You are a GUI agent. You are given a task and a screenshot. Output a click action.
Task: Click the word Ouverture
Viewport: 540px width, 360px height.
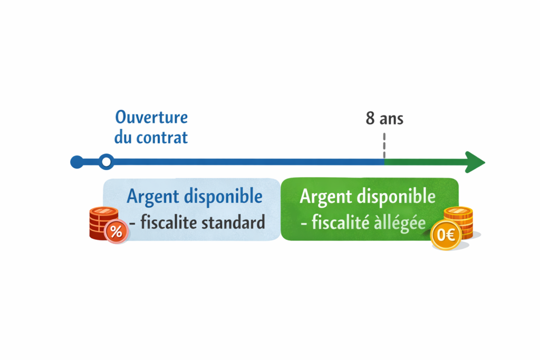click(x=151, y=118)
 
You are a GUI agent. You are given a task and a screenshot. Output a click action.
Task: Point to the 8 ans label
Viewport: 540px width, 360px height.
click(x=384, y=119)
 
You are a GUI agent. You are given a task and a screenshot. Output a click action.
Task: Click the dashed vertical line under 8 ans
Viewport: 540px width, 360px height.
click(x=384, y=146)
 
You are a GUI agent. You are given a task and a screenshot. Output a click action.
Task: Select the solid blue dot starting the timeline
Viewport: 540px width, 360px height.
click(x=77, y=162)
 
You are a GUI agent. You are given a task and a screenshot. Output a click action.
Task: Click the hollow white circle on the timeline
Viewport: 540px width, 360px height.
click(x=107, y=162)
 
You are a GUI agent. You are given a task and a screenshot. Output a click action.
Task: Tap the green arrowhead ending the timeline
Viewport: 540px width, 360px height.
click(x=475, y=162)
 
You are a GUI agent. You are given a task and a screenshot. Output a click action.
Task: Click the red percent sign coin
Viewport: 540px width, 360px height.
click(x=116, y=231)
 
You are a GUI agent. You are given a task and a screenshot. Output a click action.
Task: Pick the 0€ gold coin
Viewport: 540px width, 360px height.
click(x=446, y=235)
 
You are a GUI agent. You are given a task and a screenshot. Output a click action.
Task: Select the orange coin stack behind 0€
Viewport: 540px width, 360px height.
click(x=459, y=222)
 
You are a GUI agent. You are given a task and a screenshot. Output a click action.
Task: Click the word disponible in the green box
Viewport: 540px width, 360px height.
click(x=397, y=197)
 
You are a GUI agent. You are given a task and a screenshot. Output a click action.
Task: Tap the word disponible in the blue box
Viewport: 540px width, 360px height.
click(x=224, y=197)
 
